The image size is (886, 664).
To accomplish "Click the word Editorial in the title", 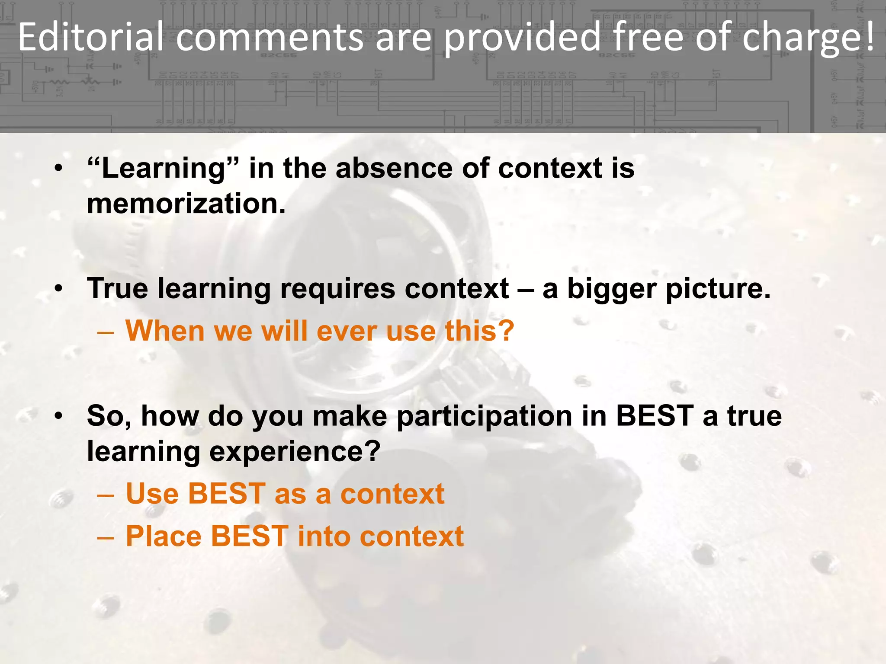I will [x=91, y=37].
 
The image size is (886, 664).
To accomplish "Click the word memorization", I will [x=186, y=204].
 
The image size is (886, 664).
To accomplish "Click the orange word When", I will [x=165, y=331].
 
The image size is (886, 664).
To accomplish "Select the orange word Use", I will [x=152, y=494].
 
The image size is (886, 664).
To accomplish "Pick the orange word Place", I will [x=164, y=536].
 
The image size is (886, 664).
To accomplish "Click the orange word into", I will [x=324, y=536].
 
